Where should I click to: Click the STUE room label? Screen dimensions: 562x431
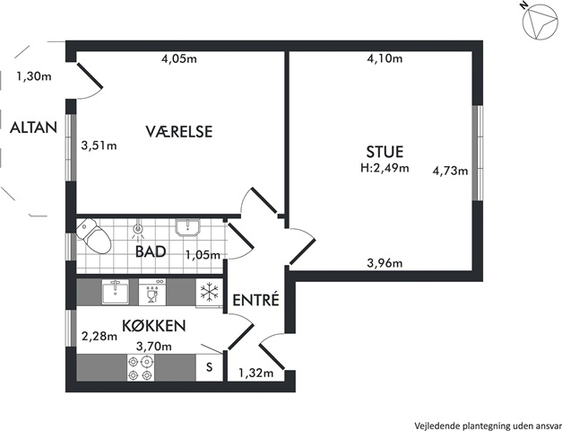[x=385, y=152]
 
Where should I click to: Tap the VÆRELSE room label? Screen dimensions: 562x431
[x=179, y=131]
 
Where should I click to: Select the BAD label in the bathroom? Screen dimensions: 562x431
[x=151, y=251]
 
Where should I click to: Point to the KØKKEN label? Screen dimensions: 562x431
[x=154, y=325]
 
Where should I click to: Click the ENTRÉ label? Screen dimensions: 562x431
[x=256, y=300]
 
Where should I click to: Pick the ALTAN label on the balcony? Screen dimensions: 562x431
[x=33, y=128]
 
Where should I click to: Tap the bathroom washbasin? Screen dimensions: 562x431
[x=187, y=228]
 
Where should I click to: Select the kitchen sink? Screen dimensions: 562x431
[x=116, y=293]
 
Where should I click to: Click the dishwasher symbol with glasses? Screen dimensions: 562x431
[x=152, y=293]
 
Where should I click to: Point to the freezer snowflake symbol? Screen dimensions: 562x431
[x=210, y=292]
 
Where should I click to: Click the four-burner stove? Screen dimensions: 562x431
[x=141, y=368]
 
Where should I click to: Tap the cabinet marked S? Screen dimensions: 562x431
[x=210, y=367]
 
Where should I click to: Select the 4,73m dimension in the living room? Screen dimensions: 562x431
[x=451, y=171]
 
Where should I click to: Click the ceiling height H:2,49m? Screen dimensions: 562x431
[x=385, y=168]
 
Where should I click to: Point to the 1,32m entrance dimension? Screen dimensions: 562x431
[x=256, y=374]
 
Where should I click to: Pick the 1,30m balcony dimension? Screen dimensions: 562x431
[x=34, y=76]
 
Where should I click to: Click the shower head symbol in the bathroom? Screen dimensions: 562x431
[x=138, y=230]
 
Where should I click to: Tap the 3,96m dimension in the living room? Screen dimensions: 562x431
[x=385, y=263]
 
